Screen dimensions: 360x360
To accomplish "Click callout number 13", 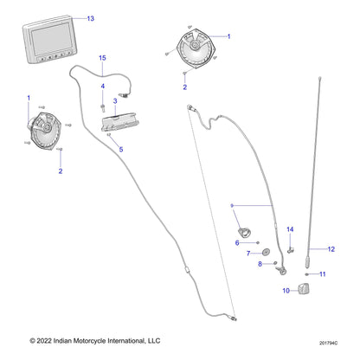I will pyautogui.click(x=91, y=18).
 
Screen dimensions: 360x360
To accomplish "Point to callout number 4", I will pyautogui.click(x=102, y=87).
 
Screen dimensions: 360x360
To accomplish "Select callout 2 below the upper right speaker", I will pyautogui.click(x=184, y=87).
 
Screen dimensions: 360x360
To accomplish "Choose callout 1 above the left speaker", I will pyautogui.click(x=28, y=97).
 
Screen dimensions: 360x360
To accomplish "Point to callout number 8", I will pyautogui.click(x=260, y=265).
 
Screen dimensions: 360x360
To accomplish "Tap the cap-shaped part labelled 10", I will pyautogui.click(x=305, y=290).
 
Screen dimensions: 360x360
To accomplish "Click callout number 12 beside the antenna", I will pyautogui.click(x=330, y=249).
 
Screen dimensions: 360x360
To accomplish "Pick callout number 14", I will pyautogui.click(x=291, y=229).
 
